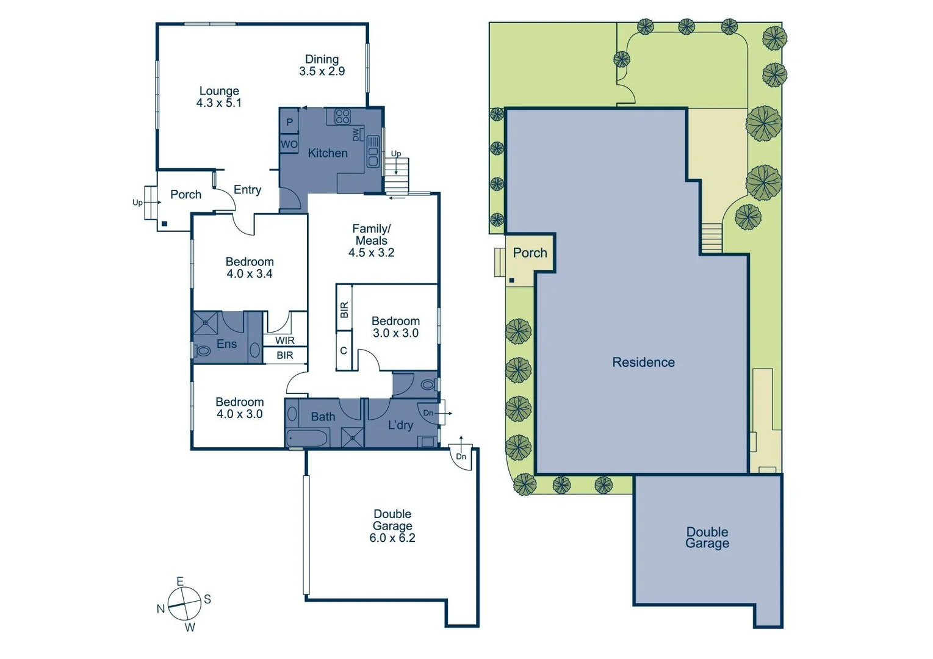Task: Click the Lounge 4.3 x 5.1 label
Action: [x=219, y=97]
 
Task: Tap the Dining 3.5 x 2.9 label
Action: [x=322, y=65]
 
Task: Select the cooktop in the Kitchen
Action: [x=342, y=117]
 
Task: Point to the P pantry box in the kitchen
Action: [x=289, y=123]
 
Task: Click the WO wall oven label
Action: [x=289, y=145]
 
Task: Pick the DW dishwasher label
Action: [x=356, y=134]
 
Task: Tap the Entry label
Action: [x=247, y=190]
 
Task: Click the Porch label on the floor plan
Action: [x=186, y=195]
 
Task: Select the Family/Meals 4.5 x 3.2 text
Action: [x=371, y=240]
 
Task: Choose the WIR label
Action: [x=284, y=340]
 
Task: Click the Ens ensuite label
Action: [x=226, y=344]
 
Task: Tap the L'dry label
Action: [x=400, y=425]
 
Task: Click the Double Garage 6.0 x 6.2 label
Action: [x=392, y=526]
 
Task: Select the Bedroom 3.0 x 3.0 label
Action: [x=395, y=327]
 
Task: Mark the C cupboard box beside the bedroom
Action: [x=344, y=350]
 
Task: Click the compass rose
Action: [x=184, y=603]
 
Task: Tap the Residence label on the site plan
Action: [x=643, y=362]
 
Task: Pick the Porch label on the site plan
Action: [x=530, y=253]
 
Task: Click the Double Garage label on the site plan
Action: [x=707, y=538]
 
